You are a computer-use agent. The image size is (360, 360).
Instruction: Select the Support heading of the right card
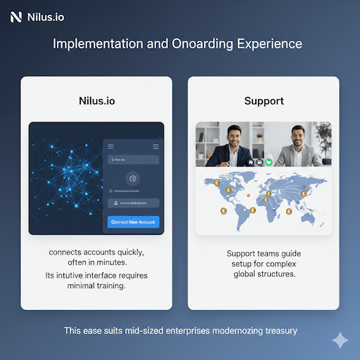pos(264,101)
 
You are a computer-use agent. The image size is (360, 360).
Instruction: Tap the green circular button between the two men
pos(268,161)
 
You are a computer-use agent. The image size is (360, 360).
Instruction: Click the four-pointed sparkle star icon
pos(340,340)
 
